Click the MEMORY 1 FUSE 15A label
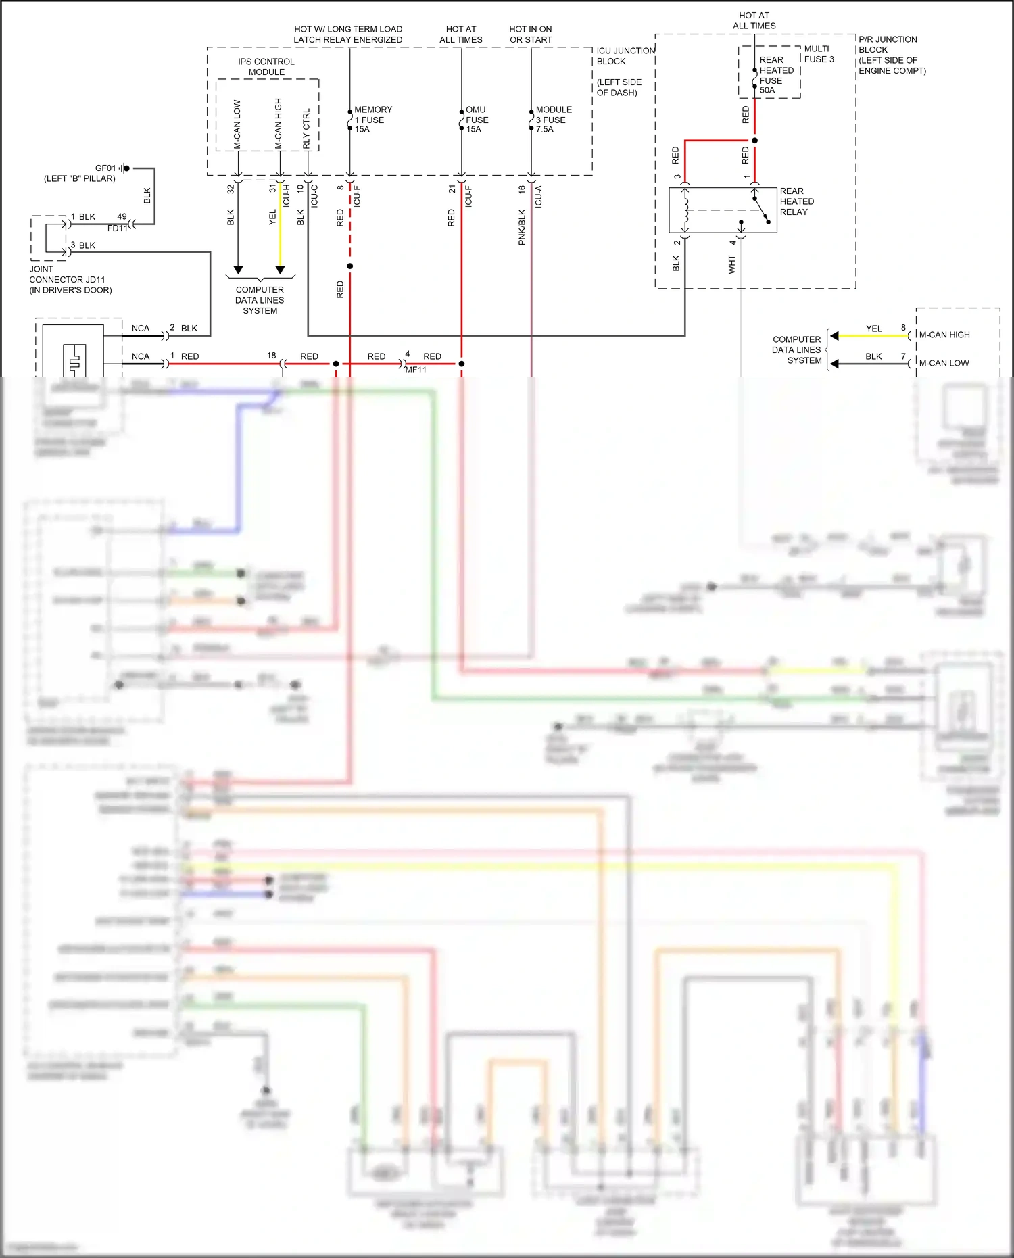click(372, 120)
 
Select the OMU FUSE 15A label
click(477, 120)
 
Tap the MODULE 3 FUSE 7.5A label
click(553, 120)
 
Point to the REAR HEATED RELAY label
click(796, 201)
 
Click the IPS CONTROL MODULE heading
click(266, 67)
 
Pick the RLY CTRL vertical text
click(307, 128)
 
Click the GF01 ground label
click(105, 168)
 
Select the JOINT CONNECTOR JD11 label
click(68, 279)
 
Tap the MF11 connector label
click(416, 370)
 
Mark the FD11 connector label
click(117, 228)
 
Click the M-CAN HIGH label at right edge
click(944, 335)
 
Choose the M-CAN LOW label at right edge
click(944, 363)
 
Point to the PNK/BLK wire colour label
click(522, 227)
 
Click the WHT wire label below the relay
click(731, 264)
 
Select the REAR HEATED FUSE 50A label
click(775, 75)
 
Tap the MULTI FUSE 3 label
click(819, 54)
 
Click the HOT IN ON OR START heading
click(531, 34)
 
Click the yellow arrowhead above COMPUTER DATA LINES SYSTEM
click(280, 270)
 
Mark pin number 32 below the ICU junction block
click(231, 189)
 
